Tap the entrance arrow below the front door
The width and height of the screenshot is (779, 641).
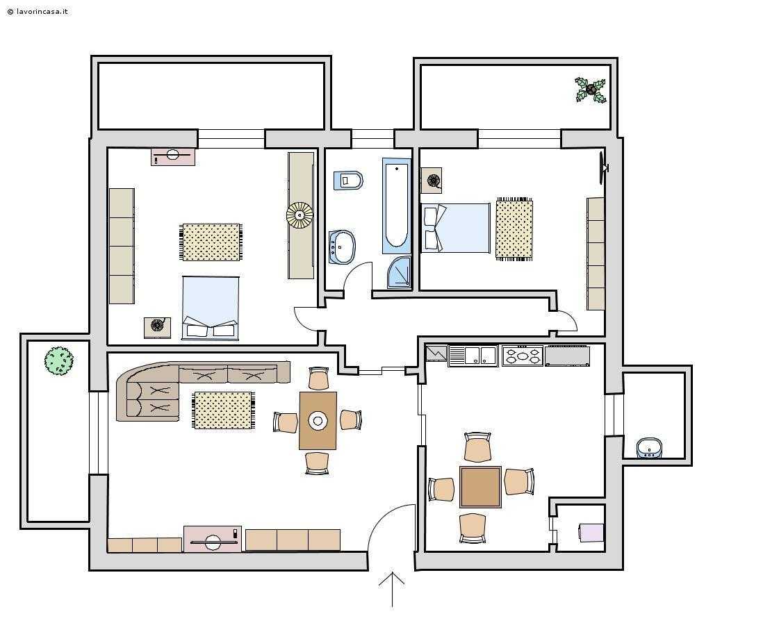pos(392,590)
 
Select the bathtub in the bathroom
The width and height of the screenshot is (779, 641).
pos(397,206)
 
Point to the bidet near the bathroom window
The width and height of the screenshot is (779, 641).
pos(348,181)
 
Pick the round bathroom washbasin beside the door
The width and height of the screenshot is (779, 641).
pos(342,247)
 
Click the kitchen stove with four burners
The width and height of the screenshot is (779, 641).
pos(522,356)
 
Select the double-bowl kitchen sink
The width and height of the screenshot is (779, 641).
pos(473,356)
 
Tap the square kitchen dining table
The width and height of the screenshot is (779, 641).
pos(480,487)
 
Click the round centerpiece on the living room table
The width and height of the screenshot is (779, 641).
pos(318,421)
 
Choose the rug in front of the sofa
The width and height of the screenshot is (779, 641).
pos(224,410)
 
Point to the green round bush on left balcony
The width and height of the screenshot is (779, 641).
pos(59,360)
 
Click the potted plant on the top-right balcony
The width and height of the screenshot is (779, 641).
pos(591,90)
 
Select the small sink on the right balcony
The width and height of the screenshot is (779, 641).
pos(649,448)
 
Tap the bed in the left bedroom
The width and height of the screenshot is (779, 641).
pos(211,308)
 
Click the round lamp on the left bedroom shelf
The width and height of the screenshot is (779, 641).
pos(300,215)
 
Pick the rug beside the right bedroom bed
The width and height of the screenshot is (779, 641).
pos(514,229)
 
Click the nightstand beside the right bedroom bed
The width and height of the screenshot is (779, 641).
pos(432,180)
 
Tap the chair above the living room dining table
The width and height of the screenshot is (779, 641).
pos(318,379)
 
